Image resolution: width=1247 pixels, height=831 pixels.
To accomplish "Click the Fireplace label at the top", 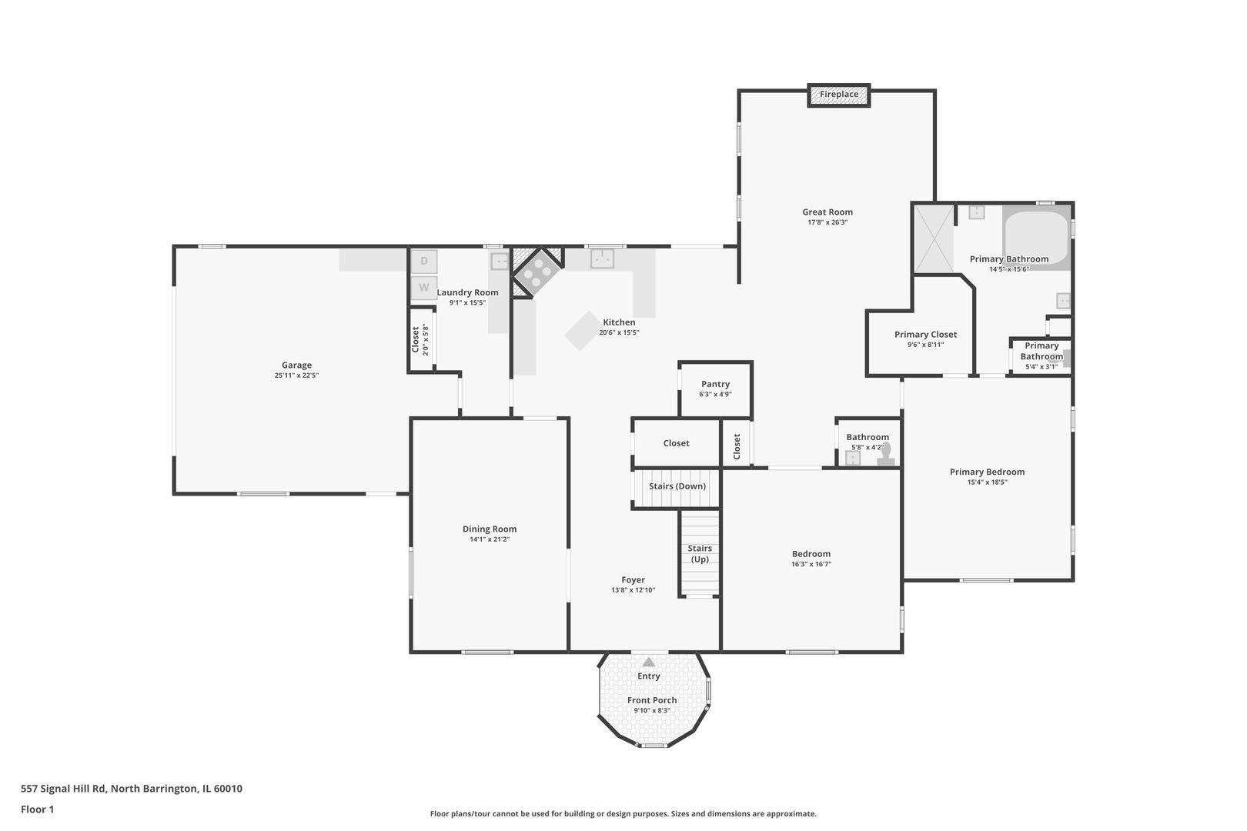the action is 839,95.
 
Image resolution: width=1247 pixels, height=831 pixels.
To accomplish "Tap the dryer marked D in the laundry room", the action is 424,261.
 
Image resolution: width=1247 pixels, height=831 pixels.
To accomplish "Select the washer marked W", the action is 424,288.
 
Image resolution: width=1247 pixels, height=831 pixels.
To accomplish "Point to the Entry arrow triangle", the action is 649,662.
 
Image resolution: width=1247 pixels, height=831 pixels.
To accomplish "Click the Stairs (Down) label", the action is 677,486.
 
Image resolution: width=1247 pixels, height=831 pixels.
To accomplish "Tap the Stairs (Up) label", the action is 700,554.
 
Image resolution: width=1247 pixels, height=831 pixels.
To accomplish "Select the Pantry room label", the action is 715,384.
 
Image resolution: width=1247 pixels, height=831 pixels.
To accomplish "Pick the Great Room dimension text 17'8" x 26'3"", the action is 827,222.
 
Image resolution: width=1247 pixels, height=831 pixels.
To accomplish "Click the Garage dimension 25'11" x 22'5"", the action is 296,375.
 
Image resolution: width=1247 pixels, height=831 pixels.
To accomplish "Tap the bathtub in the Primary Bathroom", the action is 1037,238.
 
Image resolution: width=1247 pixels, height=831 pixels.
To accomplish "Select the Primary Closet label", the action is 926,335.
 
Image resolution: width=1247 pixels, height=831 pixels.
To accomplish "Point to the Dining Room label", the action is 490,529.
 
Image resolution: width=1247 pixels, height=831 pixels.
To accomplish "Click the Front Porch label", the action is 652,700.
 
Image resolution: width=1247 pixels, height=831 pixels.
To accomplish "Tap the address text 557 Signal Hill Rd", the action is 63,789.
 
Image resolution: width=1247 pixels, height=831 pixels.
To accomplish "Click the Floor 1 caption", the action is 37,809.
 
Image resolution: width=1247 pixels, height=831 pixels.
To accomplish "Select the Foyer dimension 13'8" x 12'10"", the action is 634,590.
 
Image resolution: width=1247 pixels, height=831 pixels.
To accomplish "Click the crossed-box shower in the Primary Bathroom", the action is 934,239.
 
